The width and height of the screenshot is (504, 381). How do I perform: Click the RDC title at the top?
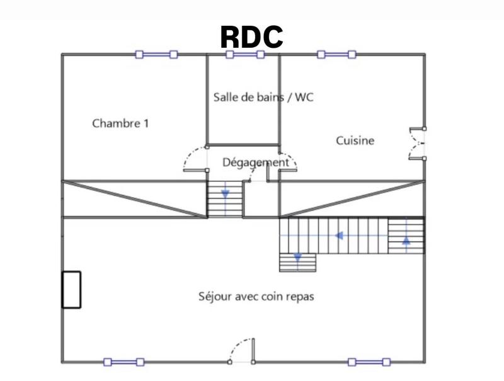pyautogui.click(x=251, y=38)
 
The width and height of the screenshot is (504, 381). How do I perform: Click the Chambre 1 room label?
pyautogui.click(x=120, y=123)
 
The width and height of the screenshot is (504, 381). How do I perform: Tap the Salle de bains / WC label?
pyautogui.click(x=263, y=98)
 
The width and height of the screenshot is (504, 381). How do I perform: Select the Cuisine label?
pyautogui.click(x=355, y=140)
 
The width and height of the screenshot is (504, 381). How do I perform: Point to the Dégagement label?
pyautogui.click(x=255, y=162)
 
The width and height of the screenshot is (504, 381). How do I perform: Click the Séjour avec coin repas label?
pyautogui.click(x=256, y=296)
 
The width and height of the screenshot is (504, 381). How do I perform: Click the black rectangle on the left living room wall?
pyautogui.click(x=71, y=289)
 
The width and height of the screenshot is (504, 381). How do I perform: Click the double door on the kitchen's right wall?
pyautogui.click(x=418, y=143)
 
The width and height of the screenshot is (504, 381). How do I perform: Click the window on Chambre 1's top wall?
pyautogui.click(x=156, y=55)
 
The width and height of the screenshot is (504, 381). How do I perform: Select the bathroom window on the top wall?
pyautogui.click(x=245, y=55)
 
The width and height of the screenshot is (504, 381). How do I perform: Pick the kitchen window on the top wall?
pyautogui.click(x=336, y=55)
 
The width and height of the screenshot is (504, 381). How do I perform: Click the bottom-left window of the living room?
pyautogui.click(x=123, y=362)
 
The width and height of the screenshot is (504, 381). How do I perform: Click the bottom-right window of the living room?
pyautogui.click(x=369, y=362)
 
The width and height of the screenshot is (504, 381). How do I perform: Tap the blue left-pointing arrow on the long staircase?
pyautogui.click(x=339, y=236)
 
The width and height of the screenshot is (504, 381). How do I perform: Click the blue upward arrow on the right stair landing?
pyautogui.click(x=406, y=240)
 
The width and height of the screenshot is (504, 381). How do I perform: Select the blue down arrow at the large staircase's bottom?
pyautogui.click(x=297, y=256)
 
